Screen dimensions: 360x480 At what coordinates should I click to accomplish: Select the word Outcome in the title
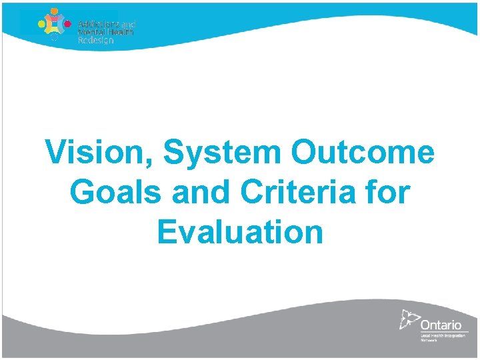(x=363, y=153)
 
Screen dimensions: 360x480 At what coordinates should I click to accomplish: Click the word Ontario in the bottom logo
(x=441, y=324)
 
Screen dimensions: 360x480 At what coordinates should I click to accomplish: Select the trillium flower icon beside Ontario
(x=409, y=320)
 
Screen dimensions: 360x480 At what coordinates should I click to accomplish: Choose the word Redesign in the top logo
(x=95, y=40)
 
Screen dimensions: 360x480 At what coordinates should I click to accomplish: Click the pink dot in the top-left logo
(x=67, y=21)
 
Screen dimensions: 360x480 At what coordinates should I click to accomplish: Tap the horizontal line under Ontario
(x=443, y=331)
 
